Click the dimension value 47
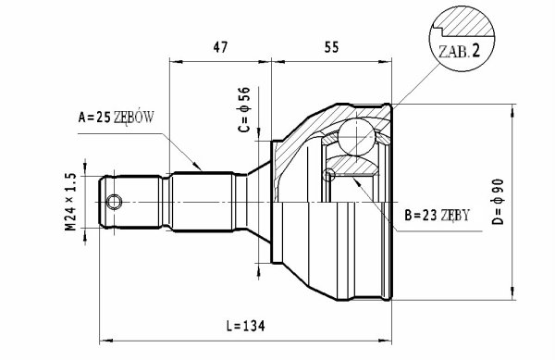click(220, 47)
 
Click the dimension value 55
click(331, 47)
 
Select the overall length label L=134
click(245, 326)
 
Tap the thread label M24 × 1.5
click(70, 202)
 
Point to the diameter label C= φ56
click(244, 110)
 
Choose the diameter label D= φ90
click(498, 202)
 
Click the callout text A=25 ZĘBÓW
click(117, 117)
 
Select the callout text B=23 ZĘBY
click(437, 215)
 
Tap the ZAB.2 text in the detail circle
click(460, 51)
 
